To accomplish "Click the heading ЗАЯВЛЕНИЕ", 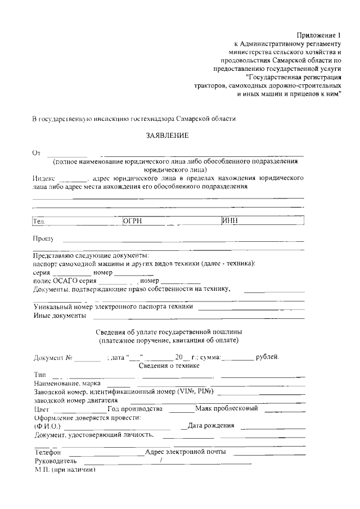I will [x=167, y=136].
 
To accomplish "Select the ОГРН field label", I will [x=132, y=221].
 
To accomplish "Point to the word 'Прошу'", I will [x=43, y=239].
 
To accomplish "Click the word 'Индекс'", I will [x=44, y=178].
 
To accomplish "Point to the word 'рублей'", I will [x=267, y=357].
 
